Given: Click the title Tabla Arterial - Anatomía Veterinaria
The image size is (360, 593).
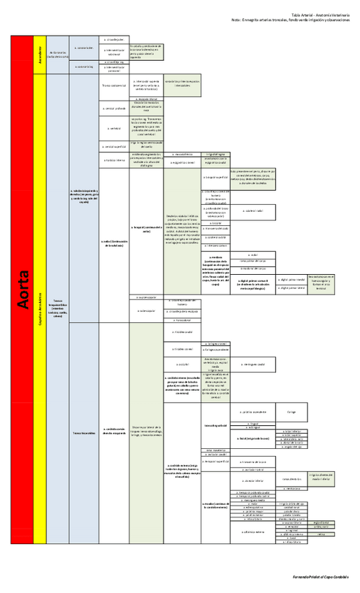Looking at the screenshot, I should tap(319, 15).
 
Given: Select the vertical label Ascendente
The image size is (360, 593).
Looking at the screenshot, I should tap(40, 55).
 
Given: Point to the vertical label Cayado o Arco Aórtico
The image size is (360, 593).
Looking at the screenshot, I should tap(40, 308).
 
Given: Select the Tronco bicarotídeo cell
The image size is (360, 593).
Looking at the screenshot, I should tap(83, 433).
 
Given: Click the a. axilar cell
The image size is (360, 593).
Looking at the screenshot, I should tap(113, 243).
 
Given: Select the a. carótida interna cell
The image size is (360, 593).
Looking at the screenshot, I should tap(181, 384).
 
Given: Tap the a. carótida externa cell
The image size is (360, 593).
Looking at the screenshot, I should tap(182, 469).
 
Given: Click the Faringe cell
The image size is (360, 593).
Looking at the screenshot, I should tap(292, 412).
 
